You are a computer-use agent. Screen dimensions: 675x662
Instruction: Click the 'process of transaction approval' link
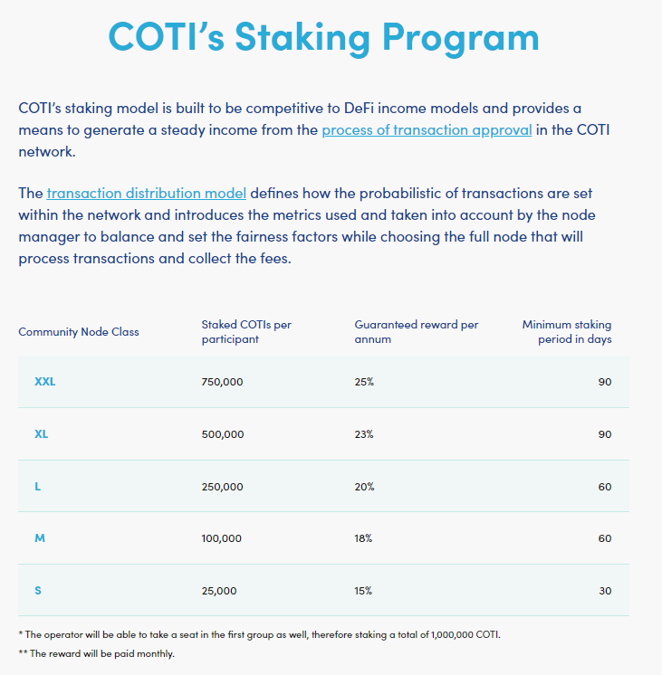[427, 130]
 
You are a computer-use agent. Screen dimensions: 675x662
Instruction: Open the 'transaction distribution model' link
[147, 194]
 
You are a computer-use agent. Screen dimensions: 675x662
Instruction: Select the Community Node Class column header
[79, 332]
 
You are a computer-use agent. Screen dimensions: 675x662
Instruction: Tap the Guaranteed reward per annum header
[416, 332]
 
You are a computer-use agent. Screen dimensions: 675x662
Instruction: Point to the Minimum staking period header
[567, 332]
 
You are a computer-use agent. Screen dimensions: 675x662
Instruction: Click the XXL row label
[44, 382]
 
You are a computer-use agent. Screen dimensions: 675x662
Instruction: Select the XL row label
[41, 434]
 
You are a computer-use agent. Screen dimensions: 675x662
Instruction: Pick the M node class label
[40, 538]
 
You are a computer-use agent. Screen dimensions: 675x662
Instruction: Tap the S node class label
[38, 591]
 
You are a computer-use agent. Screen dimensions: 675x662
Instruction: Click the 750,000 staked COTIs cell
[222, 382]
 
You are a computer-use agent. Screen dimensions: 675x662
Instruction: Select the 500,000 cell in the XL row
[222, 434]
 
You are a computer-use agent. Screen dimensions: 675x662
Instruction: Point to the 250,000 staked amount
[222, 487]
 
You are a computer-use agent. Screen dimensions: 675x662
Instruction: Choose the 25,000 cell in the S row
[218, 591]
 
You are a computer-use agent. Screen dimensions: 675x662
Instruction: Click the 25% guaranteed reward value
[364, 382]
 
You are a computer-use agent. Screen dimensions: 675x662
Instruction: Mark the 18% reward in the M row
[364, 538]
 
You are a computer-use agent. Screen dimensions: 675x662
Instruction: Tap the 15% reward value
[364, 591]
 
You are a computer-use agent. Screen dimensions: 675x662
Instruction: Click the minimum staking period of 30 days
[604, 591]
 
